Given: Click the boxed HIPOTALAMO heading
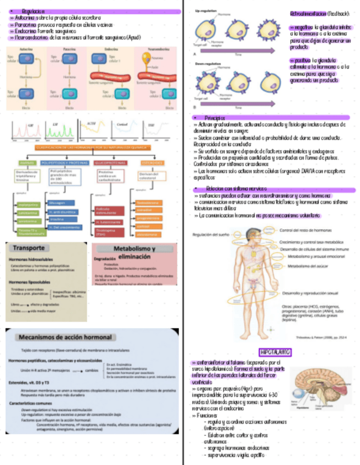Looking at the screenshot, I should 275,352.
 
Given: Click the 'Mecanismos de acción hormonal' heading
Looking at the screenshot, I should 65,337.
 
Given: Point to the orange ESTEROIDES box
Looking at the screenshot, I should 152,163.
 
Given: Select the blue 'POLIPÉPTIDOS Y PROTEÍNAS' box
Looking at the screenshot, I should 65,163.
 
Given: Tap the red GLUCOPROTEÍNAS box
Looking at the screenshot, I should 109,163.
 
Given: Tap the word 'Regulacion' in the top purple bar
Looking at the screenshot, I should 33,11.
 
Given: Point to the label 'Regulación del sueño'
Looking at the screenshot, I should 211,234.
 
